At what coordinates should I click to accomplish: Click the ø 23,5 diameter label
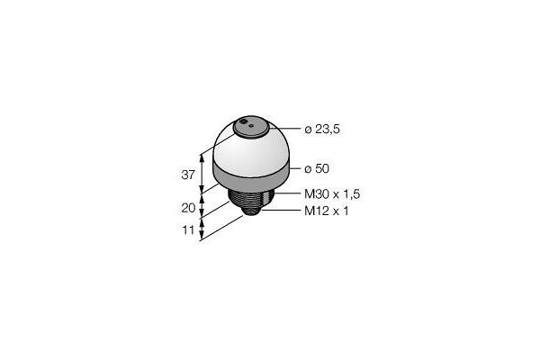click(322, 130)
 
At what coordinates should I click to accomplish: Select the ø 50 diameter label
click(317, 169)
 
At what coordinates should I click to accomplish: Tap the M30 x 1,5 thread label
click(332, 194)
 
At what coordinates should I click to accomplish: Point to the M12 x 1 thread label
click(327, 211)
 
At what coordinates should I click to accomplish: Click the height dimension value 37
click(188, 175)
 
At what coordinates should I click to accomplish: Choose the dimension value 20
click(188, 208)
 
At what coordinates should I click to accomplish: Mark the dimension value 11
click(188, 229)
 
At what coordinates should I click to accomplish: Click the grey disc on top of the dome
click(251, 128)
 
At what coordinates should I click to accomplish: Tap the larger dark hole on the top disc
click(244, 121)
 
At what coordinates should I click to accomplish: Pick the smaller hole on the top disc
click(251, 126)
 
